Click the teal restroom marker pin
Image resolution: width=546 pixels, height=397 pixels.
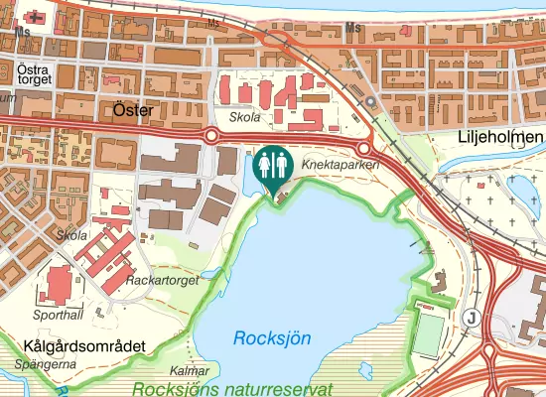click(x=271, y=165)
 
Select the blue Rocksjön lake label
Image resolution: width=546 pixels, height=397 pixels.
click(x=272, y=338)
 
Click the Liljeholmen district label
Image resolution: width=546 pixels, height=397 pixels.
click(x=502, y=136)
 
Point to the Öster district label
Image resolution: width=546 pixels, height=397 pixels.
click(x=132, y=110)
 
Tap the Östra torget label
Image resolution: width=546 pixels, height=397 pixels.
click(x=35, y=75)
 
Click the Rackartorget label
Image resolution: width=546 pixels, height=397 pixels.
click(x=163, y=281)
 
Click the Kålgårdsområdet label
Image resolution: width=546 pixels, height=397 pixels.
click(x=83, y=345)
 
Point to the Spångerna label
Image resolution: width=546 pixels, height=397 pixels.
click(x=46, y=364)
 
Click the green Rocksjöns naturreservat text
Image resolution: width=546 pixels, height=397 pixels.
click(x=231, y=389)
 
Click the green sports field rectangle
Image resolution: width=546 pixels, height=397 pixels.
click(x=428, y=331)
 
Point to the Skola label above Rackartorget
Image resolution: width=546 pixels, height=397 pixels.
click(x=71, y=235)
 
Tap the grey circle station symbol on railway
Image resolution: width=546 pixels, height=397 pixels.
click(x=370, y=102)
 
